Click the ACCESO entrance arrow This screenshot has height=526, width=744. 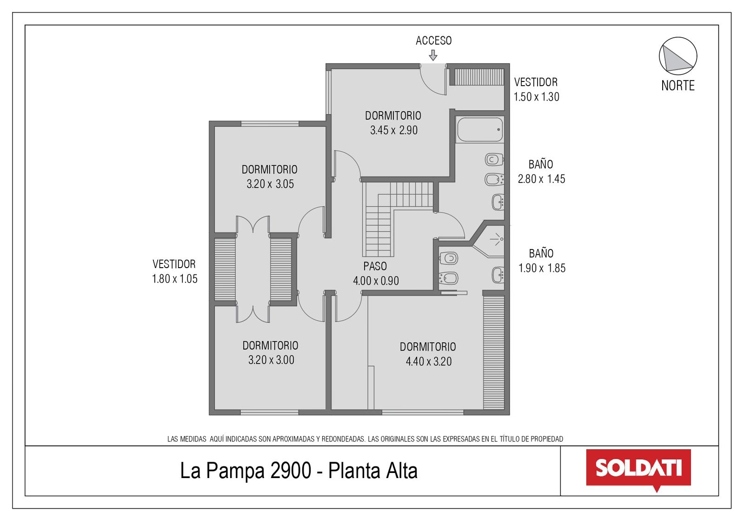tap(433, 55)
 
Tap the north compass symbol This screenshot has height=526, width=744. tap(678, 56)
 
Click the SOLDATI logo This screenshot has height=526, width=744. tap(638, 470)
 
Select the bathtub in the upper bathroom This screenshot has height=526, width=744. tap(480, 129)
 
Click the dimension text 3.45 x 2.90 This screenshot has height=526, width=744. tap(393, 130)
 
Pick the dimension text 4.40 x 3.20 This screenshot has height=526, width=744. tap(428, 361)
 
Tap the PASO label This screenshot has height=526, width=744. tap(375, 266)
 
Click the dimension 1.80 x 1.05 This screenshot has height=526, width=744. tap(175, 279)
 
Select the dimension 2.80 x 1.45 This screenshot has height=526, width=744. tap(541, 179)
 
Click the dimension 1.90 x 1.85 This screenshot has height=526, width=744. tap(542, 268)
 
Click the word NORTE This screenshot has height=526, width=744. tap(678, 86)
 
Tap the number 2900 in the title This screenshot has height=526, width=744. tap(291, 471)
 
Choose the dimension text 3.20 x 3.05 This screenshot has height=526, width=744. tap(270, 184)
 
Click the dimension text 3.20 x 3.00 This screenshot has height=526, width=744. tap(271, 360)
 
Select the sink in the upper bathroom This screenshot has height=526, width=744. tap(498, 202)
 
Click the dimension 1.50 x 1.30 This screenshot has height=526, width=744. tap(537, 97)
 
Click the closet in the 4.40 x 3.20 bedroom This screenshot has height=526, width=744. tap(493, 352)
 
